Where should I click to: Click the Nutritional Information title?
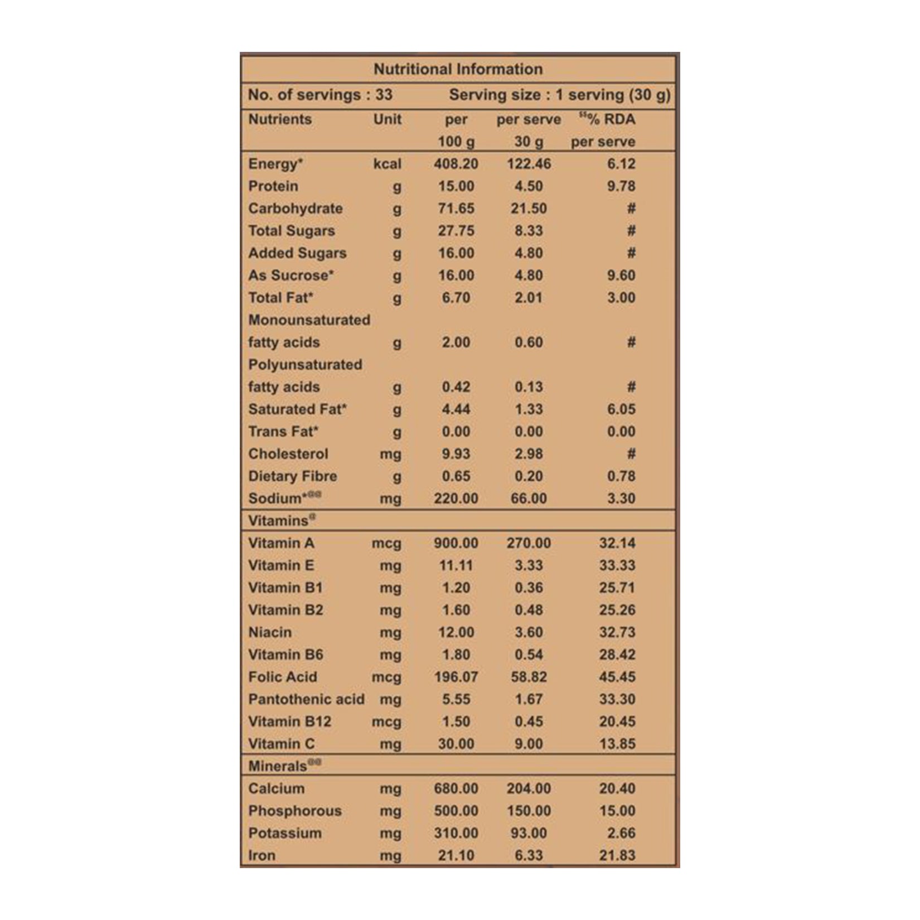click(x=458, y=69)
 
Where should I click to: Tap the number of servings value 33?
click(x=384, y=95)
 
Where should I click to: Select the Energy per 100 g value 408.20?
click(x=456, y=164)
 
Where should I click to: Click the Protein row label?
click(x=273, y=186)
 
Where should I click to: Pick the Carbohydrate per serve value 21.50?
click(x=529, y=209)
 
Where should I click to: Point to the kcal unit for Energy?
click(x=387, y=164)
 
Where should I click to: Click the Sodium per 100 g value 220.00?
click(x=456, y=498)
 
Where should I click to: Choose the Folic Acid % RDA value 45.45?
click(x=617, y=677)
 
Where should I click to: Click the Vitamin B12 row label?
click(x=290, y=722)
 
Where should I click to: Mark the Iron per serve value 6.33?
click(x=529, y=855)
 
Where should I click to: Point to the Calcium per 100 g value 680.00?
click(x=456, y=788)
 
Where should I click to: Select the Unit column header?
click(x=387, y=119)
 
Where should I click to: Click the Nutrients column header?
click(x=280, y=119)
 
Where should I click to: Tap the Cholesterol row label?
click(x=288, y=454)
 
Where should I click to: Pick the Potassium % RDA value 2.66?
click(x=621, y=833)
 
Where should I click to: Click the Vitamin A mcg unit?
click(x=386, y=544)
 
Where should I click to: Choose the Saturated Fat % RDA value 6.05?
click(x=621, y=409)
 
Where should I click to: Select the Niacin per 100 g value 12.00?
click(x=456, y=632)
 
